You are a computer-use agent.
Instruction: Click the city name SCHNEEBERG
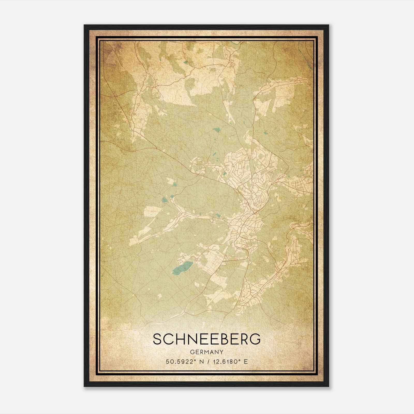(x=206, y=339)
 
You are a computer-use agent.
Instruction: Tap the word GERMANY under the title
(x=206, y=352)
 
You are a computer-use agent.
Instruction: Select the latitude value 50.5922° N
(x=184, y=361)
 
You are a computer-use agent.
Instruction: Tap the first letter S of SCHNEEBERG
(x=157, y=339)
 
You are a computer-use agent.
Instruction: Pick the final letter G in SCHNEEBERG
(x=255, y=339)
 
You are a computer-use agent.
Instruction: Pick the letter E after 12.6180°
(x=246, y=361)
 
